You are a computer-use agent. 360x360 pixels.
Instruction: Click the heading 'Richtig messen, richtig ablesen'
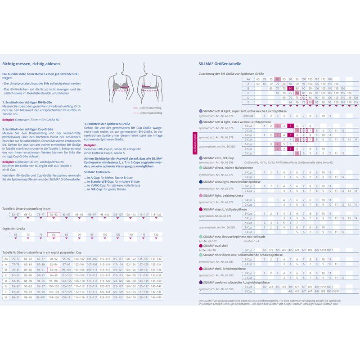tap(31, 64)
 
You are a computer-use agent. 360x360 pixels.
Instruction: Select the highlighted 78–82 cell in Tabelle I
tap(54, 215)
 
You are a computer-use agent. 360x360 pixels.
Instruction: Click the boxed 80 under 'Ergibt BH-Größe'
tap(54, 234)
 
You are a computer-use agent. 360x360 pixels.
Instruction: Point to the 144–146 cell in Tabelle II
tap(156, 297)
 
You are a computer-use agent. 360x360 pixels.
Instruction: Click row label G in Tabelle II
tap(6, 297)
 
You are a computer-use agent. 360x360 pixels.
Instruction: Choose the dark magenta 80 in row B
tap(291, 88)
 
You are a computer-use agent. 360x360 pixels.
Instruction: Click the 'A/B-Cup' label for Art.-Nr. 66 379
tap(248, 116)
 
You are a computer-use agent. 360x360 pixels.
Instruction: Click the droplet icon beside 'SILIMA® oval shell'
tap(200, 246)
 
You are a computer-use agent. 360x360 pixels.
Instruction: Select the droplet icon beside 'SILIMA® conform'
tap(200, 282)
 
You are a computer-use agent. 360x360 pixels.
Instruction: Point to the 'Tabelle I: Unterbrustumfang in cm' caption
tap(26, 209)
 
